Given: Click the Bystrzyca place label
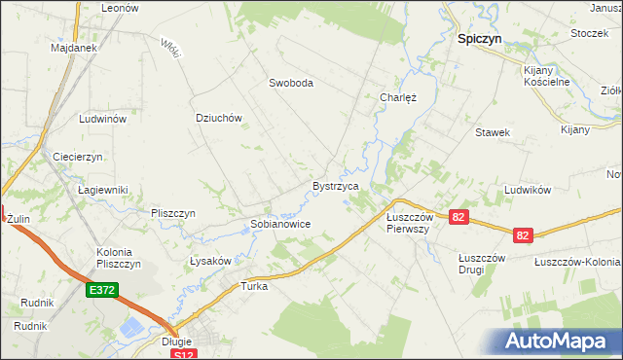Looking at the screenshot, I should (x=336, y=185).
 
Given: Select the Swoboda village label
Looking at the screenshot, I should (x=291, y=83).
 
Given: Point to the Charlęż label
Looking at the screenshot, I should (x=397, y=97).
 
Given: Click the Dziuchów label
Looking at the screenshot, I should (x=218, y=118).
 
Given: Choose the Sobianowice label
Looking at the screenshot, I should (x=280, y=224).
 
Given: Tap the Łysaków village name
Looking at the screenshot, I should (x=209, y=261).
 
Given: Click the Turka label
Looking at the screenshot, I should (x=254, y=287).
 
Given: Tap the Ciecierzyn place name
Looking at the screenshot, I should (x=78, y=156).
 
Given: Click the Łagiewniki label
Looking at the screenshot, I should (x=103, y=190).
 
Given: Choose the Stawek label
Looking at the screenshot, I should (x=493, y=131).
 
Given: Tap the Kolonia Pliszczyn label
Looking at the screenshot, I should (x=119, y=258).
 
